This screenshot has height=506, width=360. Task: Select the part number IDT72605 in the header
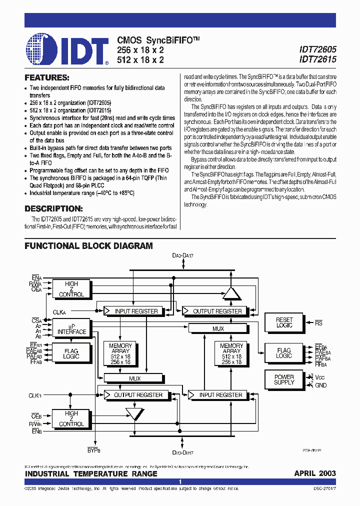pos(317,49)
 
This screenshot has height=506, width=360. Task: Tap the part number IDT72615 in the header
pos(317,59)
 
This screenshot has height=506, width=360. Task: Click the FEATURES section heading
pos(47,78)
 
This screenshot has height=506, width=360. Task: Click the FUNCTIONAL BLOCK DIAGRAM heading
pos(88,246)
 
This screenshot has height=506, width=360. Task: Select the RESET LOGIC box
pos(284,322)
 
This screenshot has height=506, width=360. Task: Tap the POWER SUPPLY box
pos(284,379)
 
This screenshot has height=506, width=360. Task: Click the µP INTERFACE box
pos(71,328)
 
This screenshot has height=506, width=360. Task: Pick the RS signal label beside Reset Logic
pos(319,323)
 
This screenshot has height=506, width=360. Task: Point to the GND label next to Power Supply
pos(320,385)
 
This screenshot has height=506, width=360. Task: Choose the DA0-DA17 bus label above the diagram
pos(182,256)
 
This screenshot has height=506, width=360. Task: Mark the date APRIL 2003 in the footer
pos(314,473)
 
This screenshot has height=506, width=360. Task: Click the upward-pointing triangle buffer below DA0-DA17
pos(231,292)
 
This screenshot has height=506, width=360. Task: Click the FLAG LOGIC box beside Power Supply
pos(284,353)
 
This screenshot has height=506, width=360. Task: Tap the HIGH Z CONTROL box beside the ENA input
pos(71,289)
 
